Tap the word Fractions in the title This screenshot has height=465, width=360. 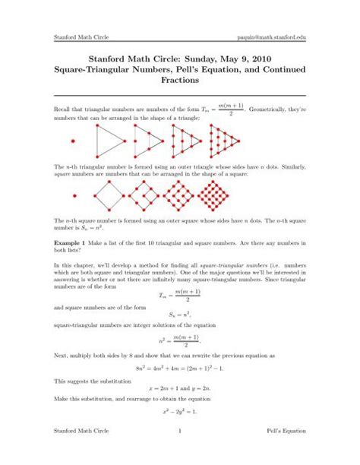point(180,78)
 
